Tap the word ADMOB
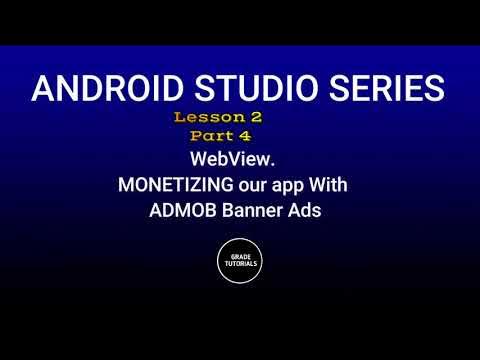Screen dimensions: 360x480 tap(179, 212)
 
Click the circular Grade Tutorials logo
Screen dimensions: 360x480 tap(240, 262)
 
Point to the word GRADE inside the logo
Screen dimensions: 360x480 tap(240, 257)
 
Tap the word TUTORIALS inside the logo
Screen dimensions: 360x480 tap(240, 265)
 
